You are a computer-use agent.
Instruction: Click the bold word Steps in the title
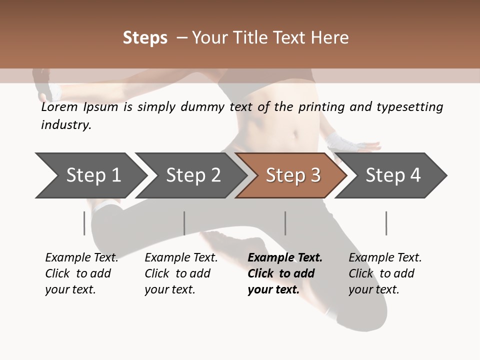[x=145, y=38]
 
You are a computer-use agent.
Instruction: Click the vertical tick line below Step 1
[x=84, y=223]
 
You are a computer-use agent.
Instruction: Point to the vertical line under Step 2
[x=184, y=223]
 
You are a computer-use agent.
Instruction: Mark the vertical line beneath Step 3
[x=285, y=223]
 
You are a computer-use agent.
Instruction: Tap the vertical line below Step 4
[x=386, y=223]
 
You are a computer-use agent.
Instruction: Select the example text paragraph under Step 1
[x=81, y=273]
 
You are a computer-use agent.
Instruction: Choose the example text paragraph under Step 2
[x=180, y=273]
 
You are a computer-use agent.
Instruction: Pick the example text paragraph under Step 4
[x=384, y=273]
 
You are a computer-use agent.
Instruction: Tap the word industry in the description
[x=65, y=125]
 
